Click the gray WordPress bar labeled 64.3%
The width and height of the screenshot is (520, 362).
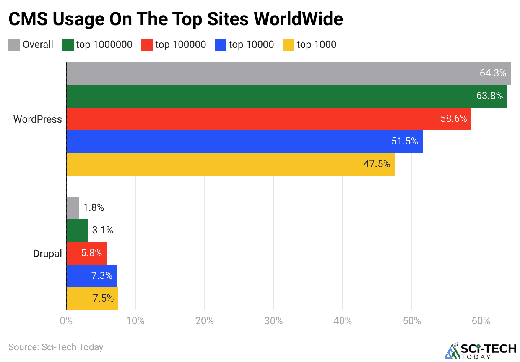coord(289,73)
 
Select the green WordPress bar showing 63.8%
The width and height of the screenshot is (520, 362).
coord(287,96)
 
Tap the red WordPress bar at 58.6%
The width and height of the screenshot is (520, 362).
coord(269,119)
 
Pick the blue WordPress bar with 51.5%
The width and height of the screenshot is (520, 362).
coord(244,142)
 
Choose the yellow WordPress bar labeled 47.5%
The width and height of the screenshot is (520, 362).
coord(231,164)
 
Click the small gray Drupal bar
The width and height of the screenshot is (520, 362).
coord(73,208)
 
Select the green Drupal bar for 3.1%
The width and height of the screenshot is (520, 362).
coord(77,231)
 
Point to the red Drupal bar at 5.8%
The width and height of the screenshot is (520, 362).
coord(86,253)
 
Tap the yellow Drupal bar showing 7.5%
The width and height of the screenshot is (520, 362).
coord(92,299)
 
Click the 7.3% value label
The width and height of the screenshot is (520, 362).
coord(102,276)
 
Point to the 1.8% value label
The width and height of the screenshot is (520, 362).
coord(94,208)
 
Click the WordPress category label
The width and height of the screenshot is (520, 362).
coord(37,119)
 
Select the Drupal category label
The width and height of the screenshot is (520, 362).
coord(47,254)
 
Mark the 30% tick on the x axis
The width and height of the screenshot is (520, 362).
coord(273,321)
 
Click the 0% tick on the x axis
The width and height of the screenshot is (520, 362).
coord(66,321)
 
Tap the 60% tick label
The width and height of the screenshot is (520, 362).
coord(481,321)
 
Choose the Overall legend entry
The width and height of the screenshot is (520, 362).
coord(31,45)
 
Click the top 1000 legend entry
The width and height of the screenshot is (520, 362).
coord(309,45)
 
